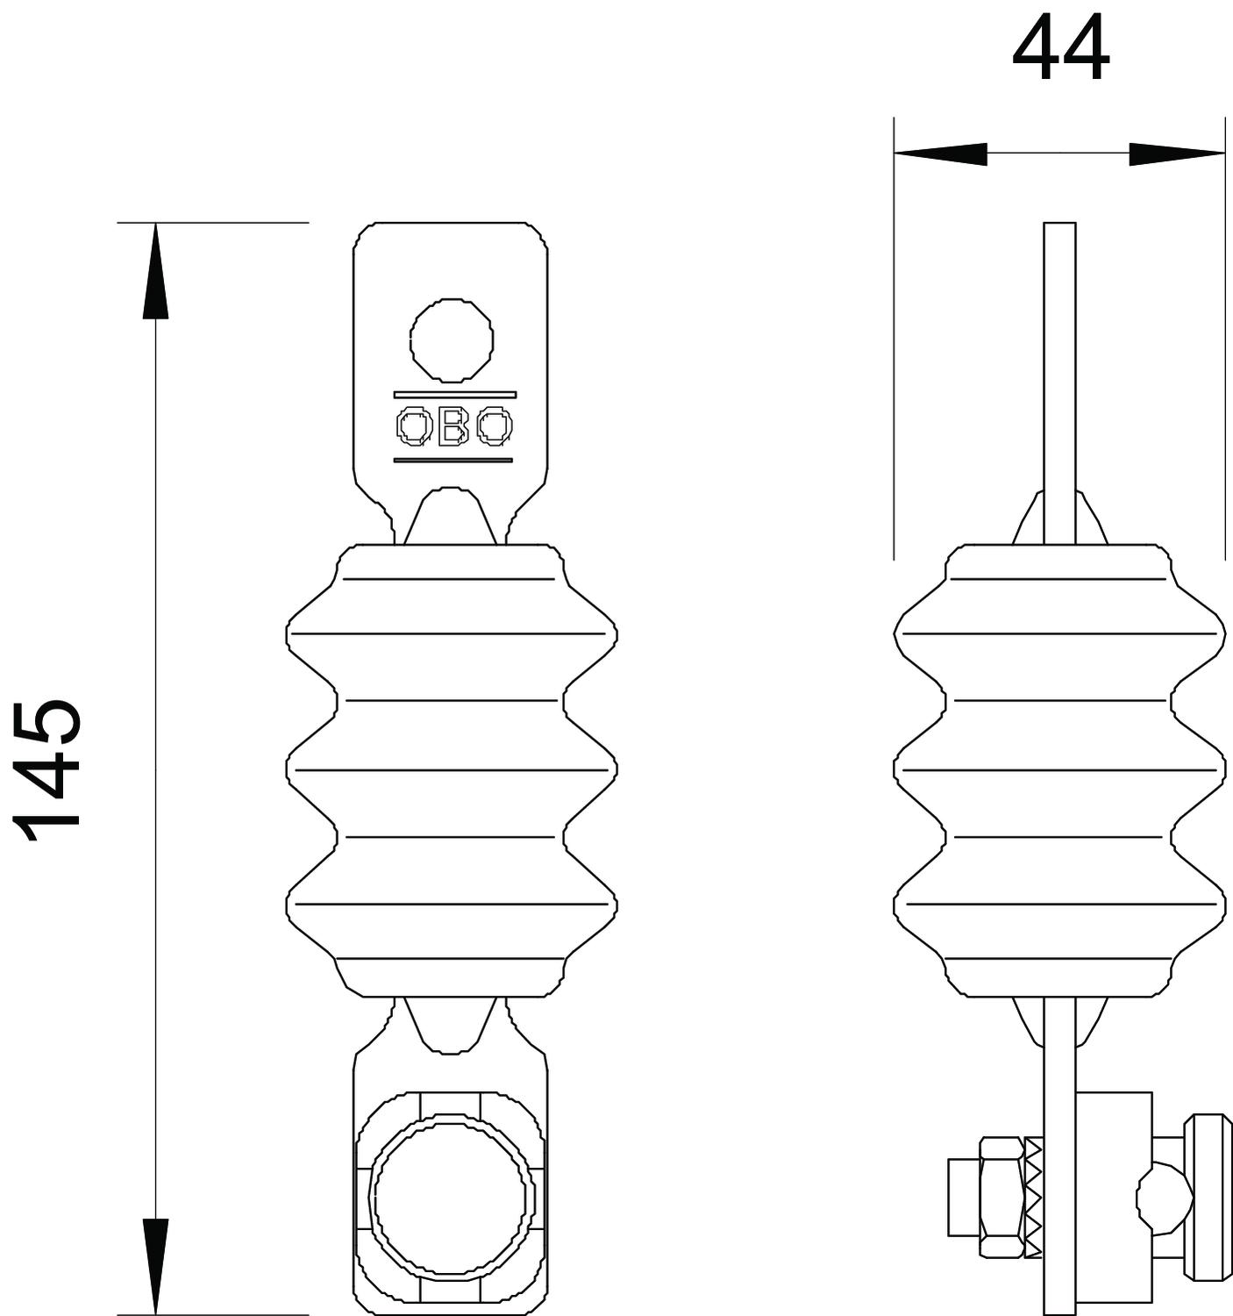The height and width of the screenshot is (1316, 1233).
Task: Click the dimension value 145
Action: (x=48, y=770)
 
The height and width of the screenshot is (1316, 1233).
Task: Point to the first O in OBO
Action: (x=414, y=426)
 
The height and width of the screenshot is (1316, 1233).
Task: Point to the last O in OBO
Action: (x=495, y=426)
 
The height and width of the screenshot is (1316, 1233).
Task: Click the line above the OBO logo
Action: (x=454, y=394)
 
